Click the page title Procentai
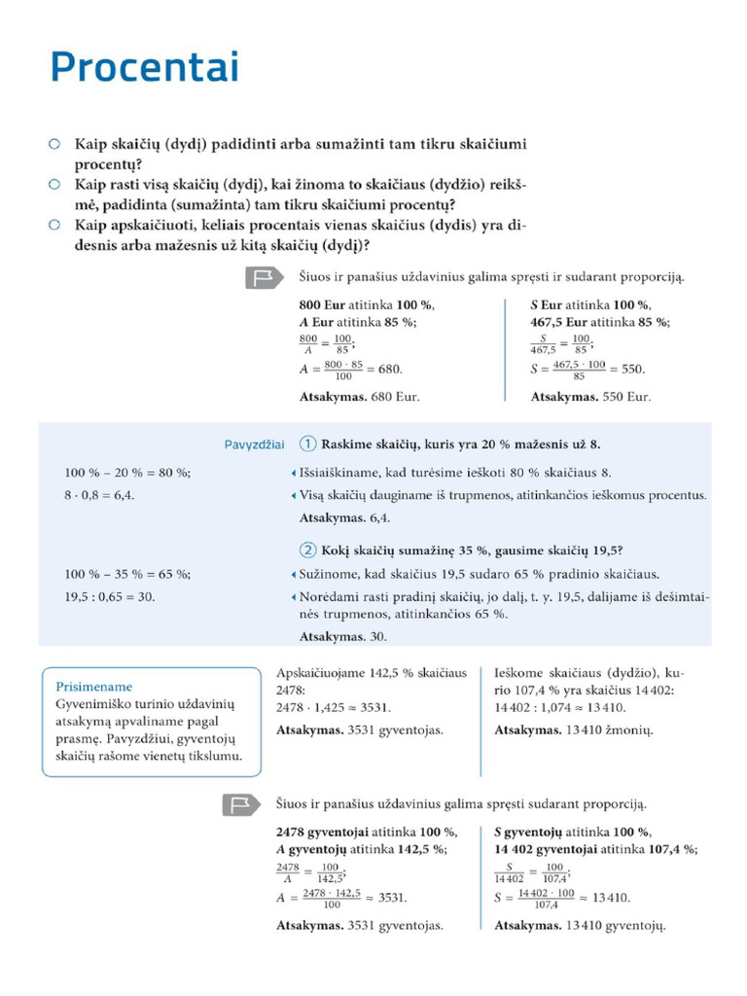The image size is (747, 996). [x=144, y=69]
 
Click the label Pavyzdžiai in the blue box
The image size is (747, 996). [x=254, y=445]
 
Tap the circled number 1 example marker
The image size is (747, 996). [x=307, y=445]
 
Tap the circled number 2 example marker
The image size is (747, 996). [x=307, y=548]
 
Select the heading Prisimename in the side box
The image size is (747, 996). [x=94, y=686]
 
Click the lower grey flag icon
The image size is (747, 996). [x=237, y=804]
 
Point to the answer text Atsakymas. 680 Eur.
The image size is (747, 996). [x=359, y=397]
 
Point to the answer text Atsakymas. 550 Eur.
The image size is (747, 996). [x=590, y=397]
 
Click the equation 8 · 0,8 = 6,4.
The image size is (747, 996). [x=99, y=495]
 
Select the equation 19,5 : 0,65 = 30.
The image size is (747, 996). [x=110, y=597]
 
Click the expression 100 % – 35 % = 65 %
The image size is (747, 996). [x=127, y=573]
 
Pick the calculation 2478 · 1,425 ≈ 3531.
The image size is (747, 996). [x=333, y=707]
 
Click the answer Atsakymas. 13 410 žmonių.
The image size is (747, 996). [x=574, y=730]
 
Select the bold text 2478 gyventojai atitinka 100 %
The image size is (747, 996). [x=367, y=832]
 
